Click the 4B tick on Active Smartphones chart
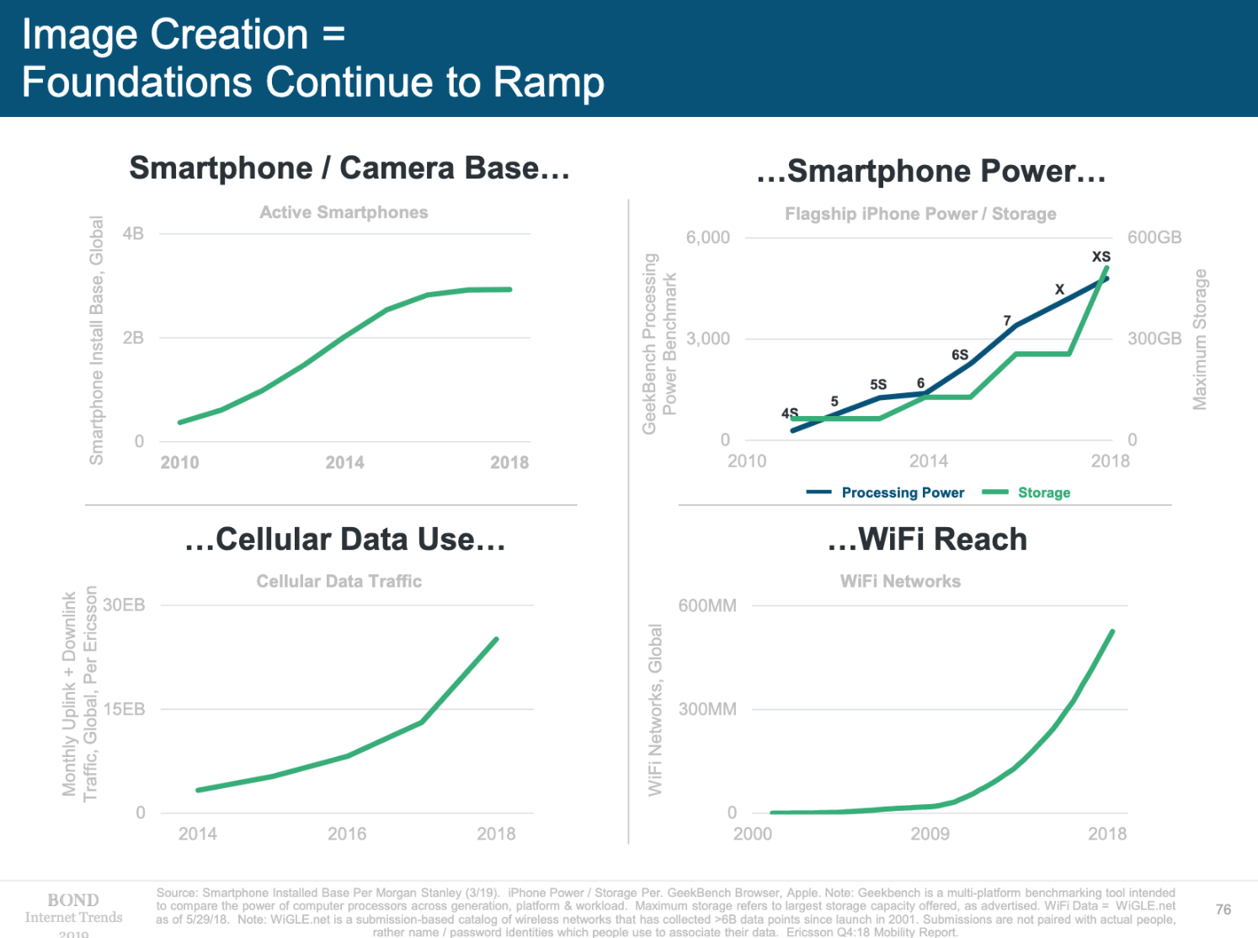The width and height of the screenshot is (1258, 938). point(133,234)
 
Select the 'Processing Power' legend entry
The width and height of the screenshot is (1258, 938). point(903,493)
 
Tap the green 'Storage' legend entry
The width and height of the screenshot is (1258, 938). point(1043,493)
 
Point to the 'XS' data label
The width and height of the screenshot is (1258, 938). point(1101,257)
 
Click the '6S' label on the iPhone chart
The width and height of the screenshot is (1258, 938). point(960,355)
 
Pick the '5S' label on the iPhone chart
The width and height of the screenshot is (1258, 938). point(878,385)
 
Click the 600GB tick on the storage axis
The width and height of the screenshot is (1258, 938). point(1154,237)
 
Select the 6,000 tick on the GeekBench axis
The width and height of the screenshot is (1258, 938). point(707,237)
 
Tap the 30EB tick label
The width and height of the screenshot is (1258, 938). point(124,605)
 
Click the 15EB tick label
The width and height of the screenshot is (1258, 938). point(124,709)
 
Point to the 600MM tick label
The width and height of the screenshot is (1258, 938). point(707,605)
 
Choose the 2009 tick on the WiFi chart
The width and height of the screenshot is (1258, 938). point(930,834)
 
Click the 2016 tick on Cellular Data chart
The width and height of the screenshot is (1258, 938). point(347,834)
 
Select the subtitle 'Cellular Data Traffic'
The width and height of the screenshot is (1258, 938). point(338,581)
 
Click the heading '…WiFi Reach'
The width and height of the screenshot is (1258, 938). point(927,540)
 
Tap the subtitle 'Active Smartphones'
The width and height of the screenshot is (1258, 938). point(344,212)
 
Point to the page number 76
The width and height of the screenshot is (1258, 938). point(1223,909)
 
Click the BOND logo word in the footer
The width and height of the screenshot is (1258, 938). point(73,900)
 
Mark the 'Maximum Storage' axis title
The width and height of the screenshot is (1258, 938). point(1200,340)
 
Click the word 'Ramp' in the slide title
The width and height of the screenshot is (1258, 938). point(548,83)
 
